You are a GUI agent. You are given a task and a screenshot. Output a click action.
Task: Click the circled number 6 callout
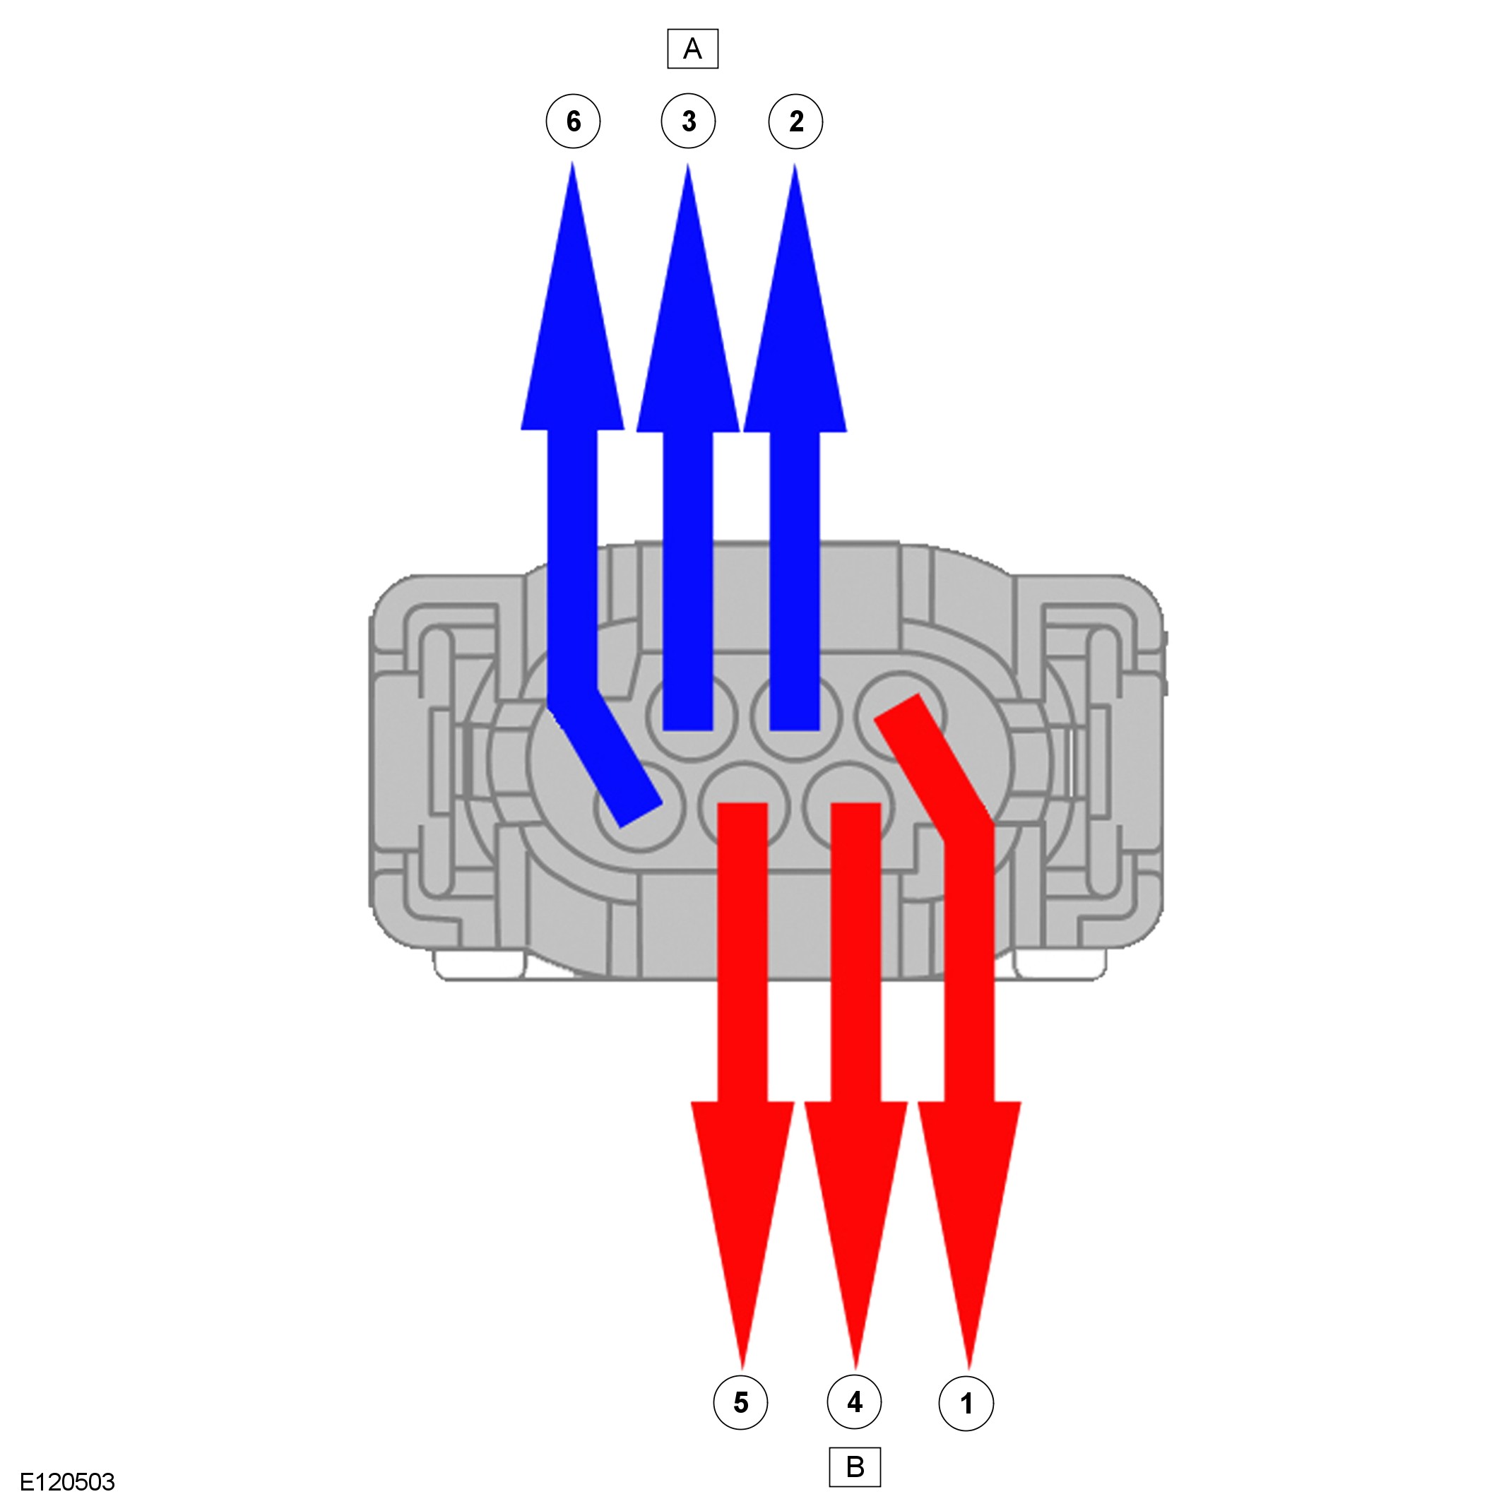574,122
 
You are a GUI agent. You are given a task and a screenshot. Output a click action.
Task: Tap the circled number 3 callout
688,122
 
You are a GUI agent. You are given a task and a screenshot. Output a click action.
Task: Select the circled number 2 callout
795,122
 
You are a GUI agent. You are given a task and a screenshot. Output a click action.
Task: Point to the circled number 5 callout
740,1402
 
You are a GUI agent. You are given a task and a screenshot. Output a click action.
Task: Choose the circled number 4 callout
854,1402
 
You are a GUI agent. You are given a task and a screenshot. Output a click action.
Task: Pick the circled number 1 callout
966,1403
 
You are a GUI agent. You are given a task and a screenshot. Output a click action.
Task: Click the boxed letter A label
692,49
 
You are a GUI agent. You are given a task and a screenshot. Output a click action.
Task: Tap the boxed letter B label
855,1466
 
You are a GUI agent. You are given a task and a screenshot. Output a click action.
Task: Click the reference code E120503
67,1482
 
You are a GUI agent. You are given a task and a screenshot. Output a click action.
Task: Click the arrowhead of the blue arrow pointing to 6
572,313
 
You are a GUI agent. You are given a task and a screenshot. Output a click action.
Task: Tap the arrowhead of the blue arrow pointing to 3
688,313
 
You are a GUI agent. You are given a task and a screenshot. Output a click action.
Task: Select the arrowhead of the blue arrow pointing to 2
795,313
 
